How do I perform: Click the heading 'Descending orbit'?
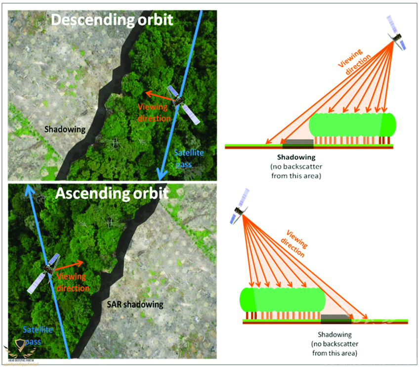[x=112, y=20]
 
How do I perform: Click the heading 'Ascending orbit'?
[x=112, y=193]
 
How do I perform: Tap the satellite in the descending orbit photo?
[x=183, y=105]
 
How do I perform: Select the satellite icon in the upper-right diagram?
[x=397, y=34]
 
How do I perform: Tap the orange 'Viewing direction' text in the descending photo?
[x=154, y=112]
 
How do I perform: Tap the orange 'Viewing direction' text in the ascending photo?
[x=72, y=282]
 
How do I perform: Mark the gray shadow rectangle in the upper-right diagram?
[x=297, y=142]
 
